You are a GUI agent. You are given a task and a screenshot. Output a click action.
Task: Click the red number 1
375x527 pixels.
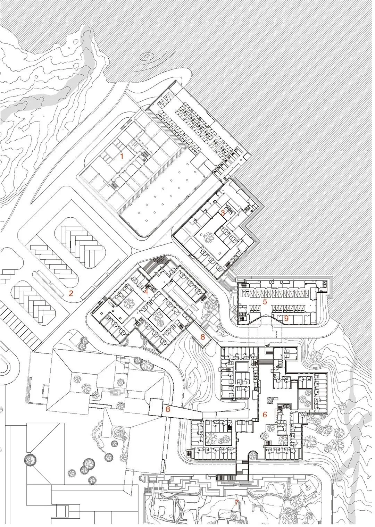[122, 156]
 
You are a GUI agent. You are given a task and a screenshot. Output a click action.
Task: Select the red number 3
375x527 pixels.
[223, 213]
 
